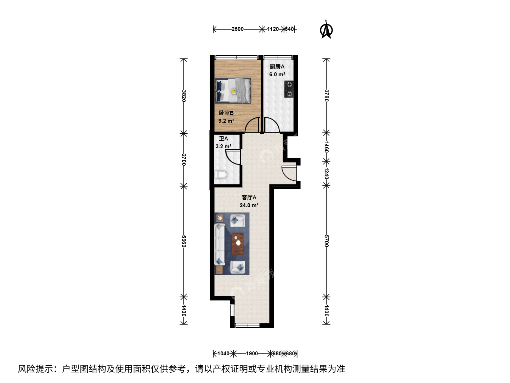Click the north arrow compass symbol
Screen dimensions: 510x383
(326, 30)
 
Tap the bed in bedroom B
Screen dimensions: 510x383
(233, 90)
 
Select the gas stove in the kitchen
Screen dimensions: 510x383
(289, 89)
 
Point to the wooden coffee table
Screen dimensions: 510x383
(237, 244)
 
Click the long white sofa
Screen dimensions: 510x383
(219, 244)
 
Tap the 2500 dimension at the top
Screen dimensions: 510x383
(237, 29)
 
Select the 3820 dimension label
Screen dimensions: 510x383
(184, 96)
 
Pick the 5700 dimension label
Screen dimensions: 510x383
(327, 241)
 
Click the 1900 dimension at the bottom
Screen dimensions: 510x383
(252, 354)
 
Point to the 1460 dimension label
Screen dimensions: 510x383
(327, 147)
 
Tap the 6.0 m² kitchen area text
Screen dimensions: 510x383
(277, 74)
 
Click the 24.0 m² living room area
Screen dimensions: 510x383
(249, 205)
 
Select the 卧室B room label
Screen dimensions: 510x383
(226, 113)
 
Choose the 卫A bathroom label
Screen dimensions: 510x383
(223, 139)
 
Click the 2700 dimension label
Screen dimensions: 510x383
(184, 160)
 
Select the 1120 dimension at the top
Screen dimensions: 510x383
(273, 29)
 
